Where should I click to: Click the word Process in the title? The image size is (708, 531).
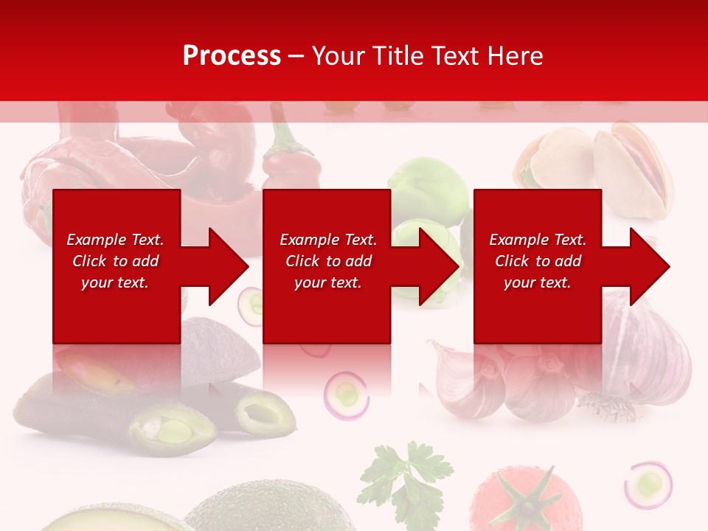point(232,56)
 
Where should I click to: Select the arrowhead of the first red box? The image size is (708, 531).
point(228,266)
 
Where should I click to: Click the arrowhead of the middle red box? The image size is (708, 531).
point(439,266)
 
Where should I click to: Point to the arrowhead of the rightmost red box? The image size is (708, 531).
point(650,266)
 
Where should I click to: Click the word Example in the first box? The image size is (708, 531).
point(97,240)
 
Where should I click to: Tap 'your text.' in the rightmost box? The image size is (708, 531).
point(537,282)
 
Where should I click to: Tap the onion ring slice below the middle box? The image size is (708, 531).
point(347,395)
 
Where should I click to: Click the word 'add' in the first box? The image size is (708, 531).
point(146,261)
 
